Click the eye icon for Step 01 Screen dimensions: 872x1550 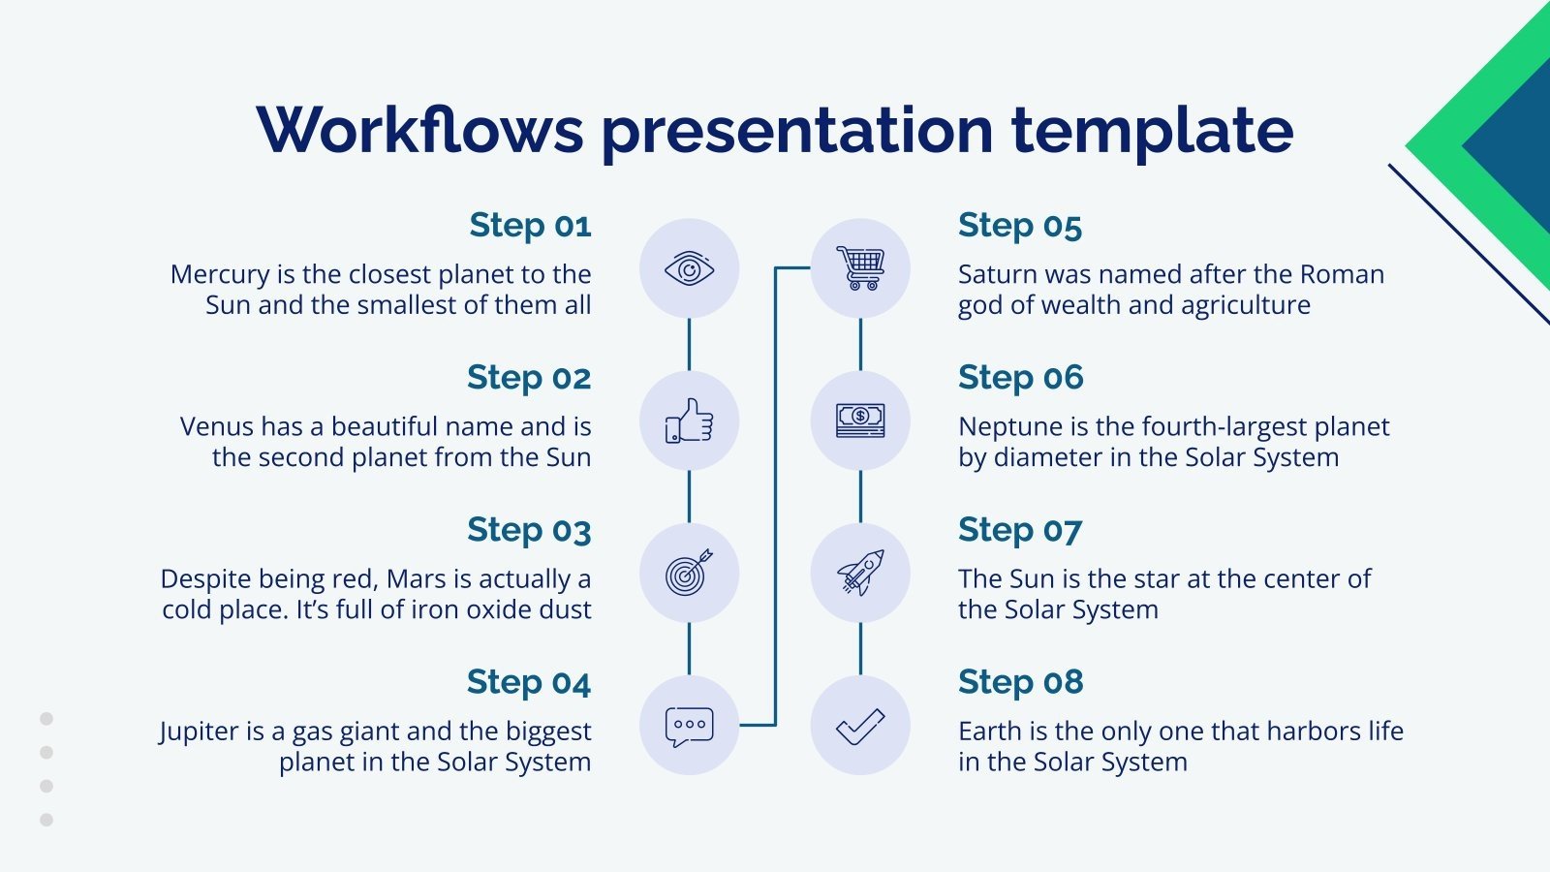[x=689, y=268]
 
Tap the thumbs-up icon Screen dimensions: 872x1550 [x=689, y=420]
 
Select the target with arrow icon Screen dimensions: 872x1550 [x=689, y=573]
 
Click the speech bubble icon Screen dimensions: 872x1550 [x=689, y=726]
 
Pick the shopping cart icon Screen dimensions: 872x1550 [x=860, y=268]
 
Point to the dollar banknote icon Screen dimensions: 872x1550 [x=860, y=420]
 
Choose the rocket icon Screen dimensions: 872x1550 [x=860, y=573]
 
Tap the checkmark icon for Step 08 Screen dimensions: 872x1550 [x=860, y=726]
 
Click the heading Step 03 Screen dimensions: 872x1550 [x=529, y=530]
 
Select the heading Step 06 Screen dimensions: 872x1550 [x=1020, y=378]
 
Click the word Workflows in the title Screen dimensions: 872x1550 [x=419, y=130]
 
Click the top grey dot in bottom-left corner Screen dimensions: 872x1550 [x=46, y=719]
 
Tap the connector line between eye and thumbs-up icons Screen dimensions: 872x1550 [x=689, y=344]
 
